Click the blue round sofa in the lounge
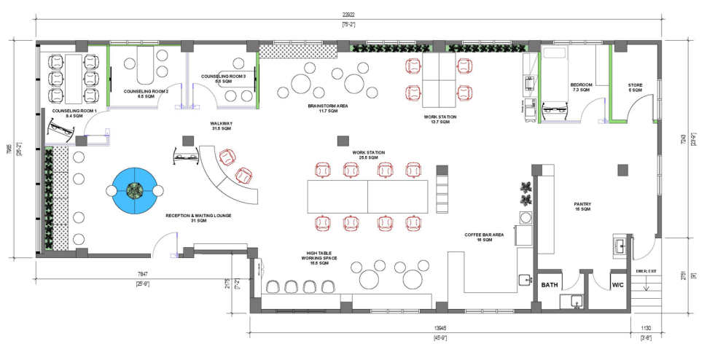click(x=133, y=192)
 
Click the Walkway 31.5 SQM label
click(x=221, y=126)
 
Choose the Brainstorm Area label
click(x=327, y=108)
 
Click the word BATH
click(x=549, y=284)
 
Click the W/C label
click(x=618, y=284)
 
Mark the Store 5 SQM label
click(x=636, y=87)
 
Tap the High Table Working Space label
click(x=321, y=259)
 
